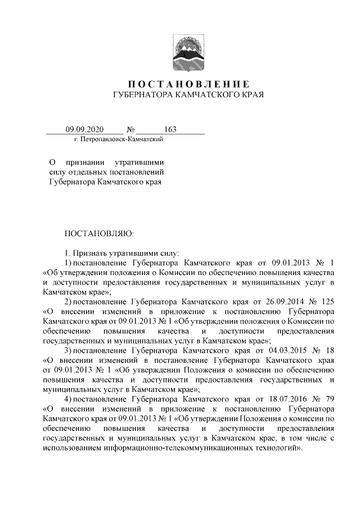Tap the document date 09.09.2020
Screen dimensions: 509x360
[82, 129]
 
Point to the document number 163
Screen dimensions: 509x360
[170, 129]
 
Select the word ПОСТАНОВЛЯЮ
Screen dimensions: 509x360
[98, 233]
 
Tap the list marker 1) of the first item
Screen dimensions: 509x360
[67, 263]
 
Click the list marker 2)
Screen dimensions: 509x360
[67, 301]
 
